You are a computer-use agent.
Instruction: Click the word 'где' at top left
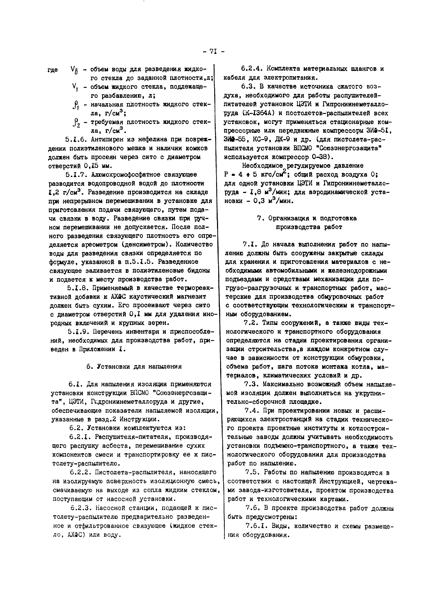pos(53,70)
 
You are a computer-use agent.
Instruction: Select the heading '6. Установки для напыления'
pos(134,367)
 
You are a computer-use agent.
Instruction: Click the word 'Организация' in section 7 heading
pos(289,218)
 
